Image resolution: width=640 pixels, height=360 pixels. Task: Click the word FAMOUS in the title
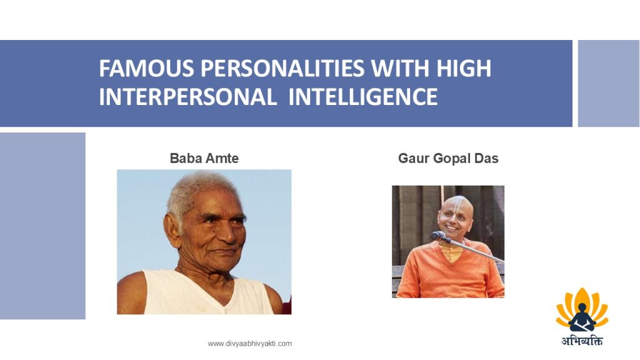click(146, 68)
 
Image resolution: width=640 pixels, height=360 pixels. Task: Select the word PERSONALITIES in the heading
click(282, 68)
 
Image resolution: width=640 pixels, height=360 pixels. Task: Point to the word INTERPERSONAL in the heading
click(187, 97)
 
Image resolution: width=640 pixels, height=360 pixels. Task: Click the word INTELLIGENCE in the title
click(363, 97)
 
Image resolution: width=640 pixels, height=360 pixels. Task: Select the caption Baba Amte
click(204, 158)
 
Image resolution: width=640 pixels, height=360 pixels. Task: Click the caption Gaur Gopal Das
click(448, 158)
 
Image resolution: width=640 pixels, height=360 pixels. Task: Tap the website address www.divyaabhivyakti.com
click(250, 344)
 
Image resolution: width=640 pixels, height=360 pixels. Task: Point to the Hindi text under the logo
click(582, 341)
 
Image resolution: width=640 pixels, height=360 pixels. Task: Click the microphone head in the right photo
click(437, 236)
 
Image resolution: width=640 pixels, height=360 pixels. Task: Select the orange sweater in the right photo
click(449, 271)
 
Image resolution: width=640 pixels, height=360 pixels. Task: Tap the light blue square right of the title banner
click(609, 83)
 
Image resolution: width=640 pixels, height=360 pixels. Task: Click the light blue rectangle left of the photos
click(42, 226)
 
